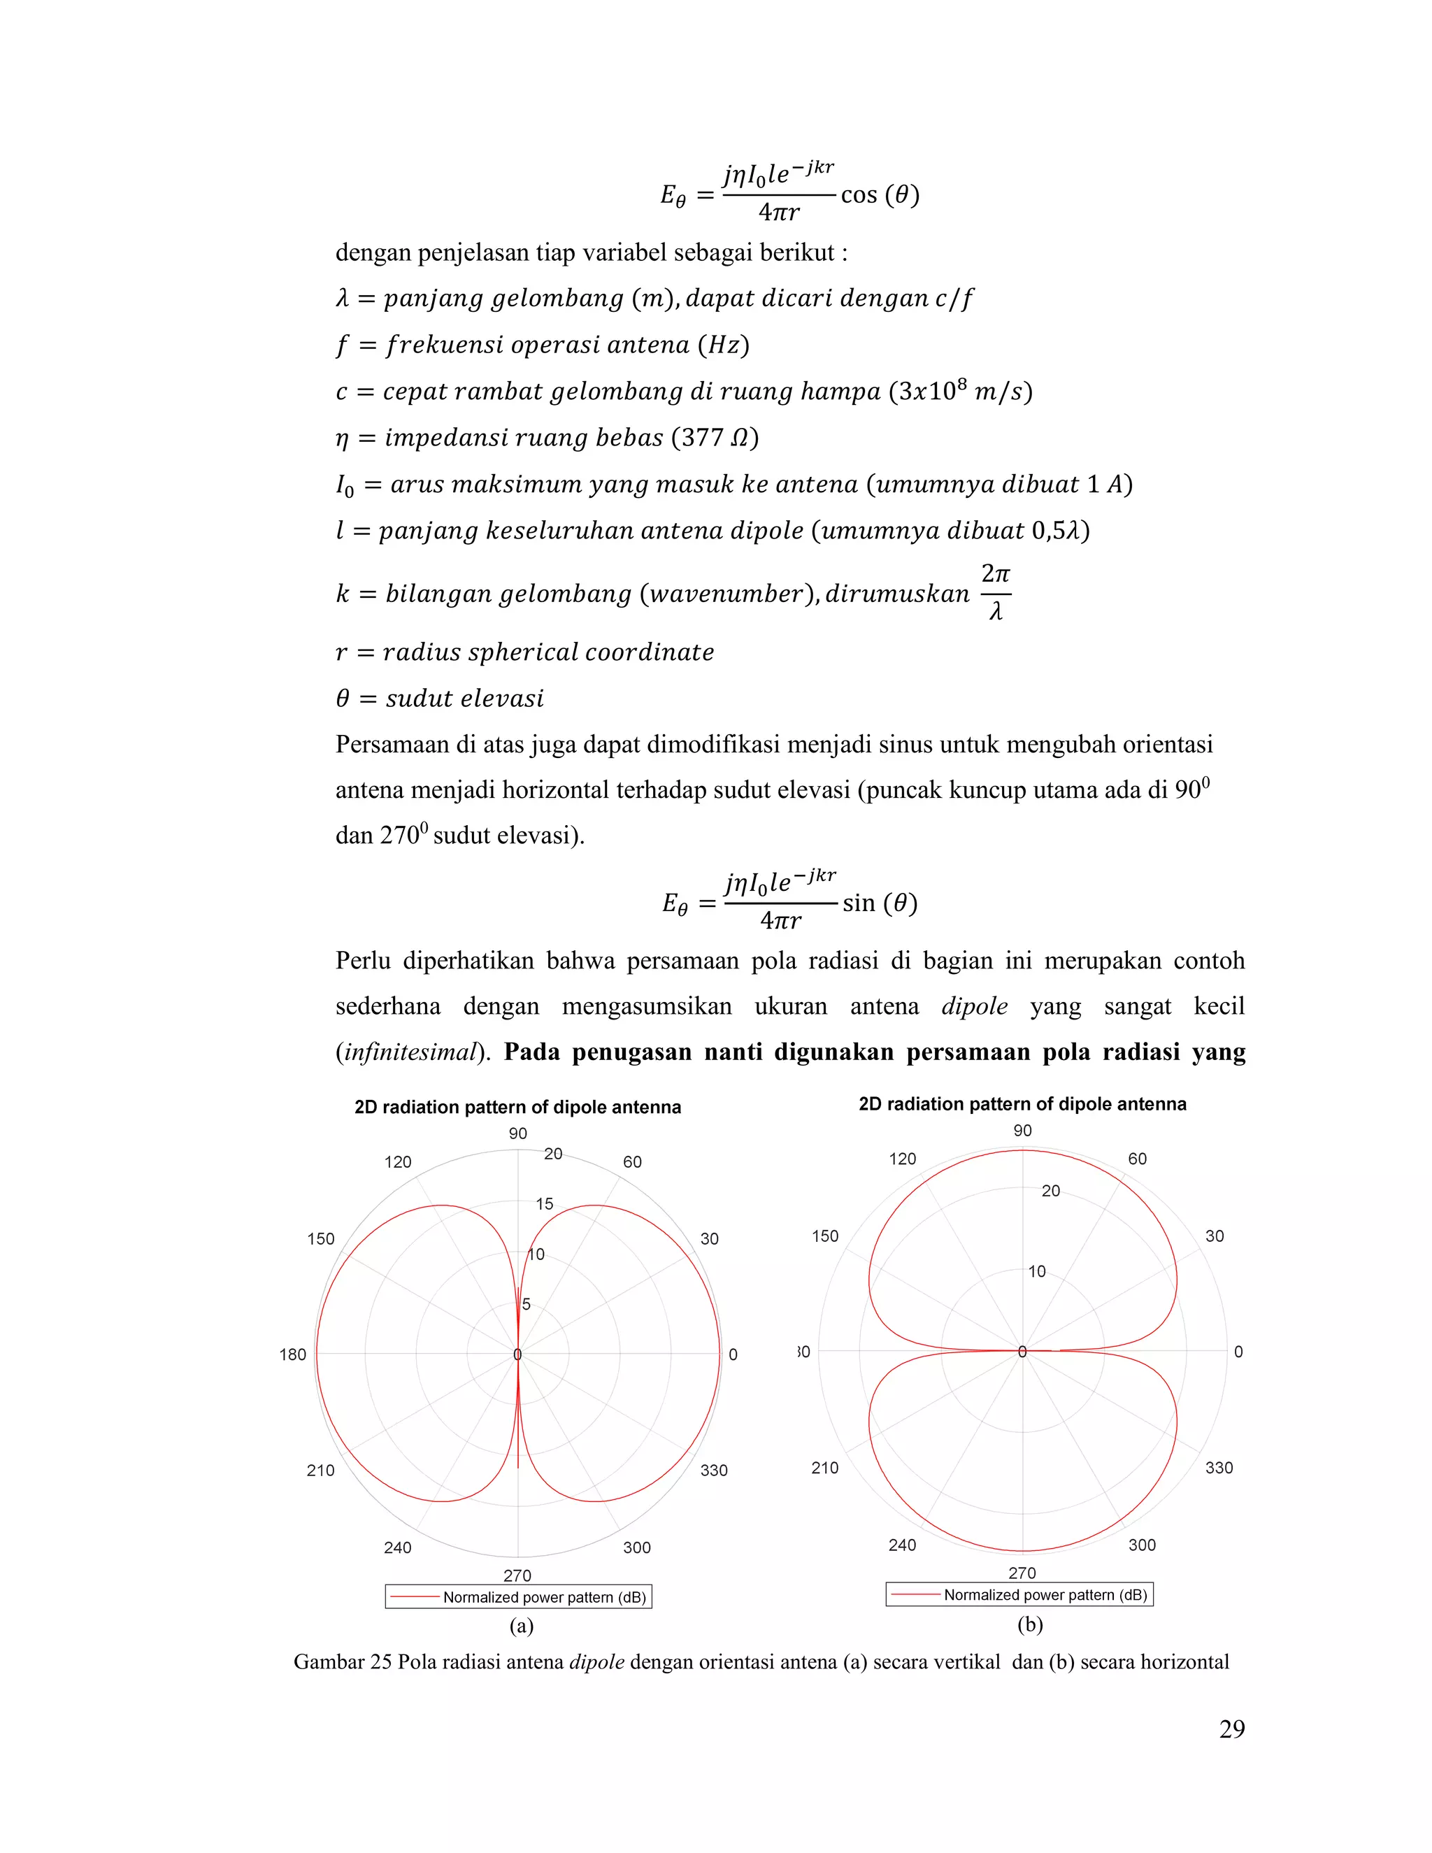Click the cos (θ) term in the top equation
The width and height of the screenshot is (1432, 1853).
(x=880, y=195)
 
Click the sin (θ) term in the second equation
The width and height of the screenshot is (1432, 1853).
(x=880, y=903)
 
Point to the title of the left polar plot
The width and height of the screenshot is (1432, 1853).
(x=517, y=1107)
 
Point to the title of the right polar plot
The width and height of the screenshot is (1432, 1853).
(x=1022, y=1104)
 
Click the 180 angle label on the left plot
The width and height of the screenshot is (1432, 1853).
(x=293, y=1355)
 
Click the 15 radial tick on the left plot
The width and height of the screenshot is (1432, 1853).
(x=545, y=1204)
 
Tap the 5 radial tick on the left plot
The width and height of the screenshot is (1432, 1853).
(x=526, y=1304)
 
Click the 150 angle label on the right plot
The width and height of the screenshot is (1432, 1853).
(x=824, y=1236)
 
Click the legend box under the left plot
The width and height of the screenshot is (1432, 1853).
(x=518, y=1597)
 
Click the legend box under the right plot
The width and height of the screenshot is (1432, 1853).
(x=1019, y=1594)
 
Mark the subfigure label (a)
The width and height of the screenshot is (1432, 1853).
(x=521, y=1626)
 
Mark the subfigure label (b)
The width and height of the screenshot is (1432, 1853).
(x=1030, y=1624)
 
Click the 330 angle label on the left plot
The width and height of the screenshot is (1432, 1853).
(x=713, y=1471)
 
